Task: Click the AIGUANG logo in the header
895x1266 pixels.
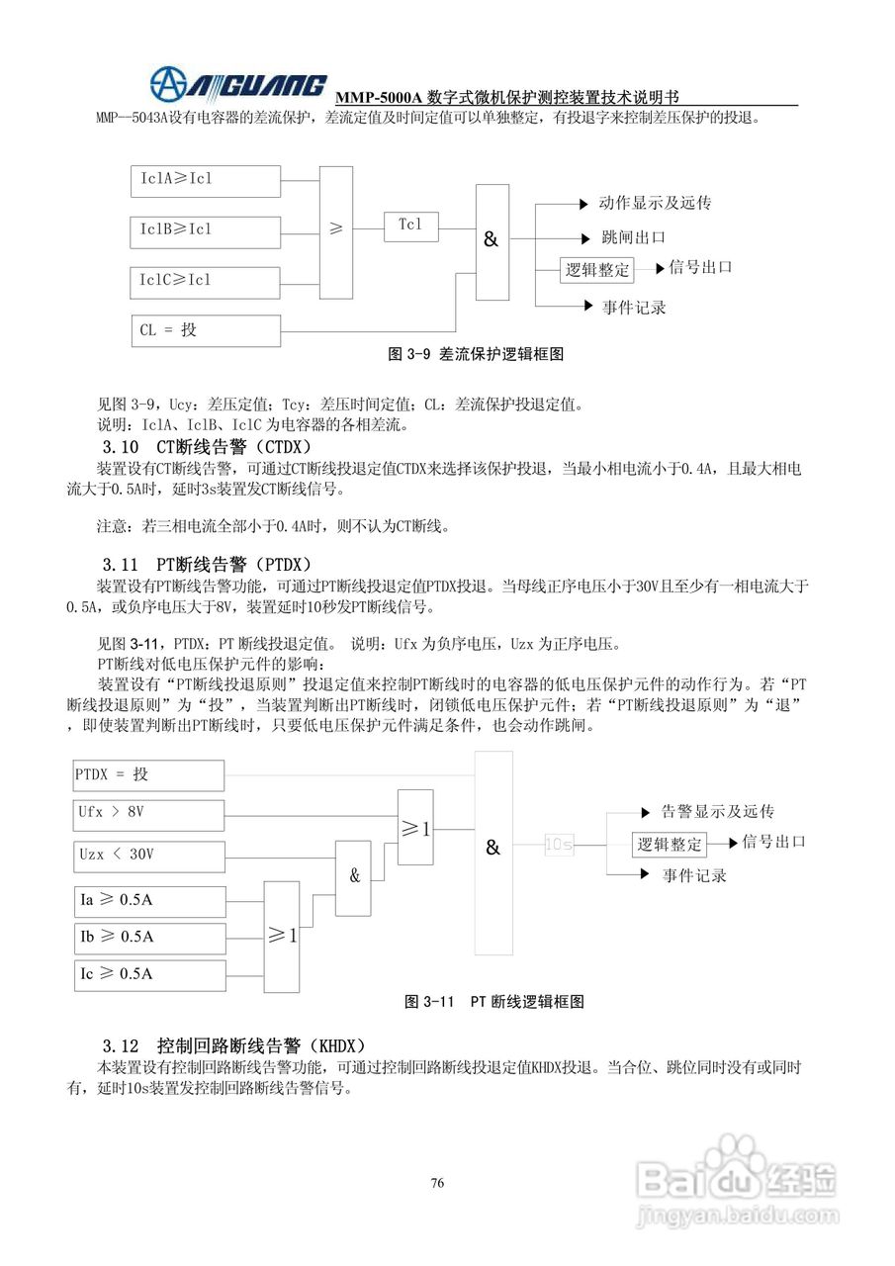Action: [237, 83]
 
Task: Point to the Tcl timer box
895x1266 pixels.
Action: [410, 226]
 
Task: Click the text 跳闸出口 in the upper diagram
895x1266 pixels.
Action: [633, 237]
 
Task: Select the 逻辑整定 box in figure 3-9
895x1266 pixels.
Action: [597, 269]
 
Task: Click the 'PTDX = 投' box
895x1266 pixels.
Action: [148, 774]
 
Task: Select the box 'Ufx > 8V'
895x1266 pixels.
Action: [148, 813]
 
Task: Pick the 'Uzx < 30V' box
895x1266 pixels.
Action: [148, 854]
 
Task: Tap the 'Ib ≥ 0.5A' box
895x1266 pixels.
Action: [148, 936]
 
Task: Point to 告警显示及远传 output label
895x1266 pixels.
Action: [717, 812]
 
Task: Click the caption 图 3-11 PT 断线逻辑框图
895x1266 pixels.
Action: [494, 1002]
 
